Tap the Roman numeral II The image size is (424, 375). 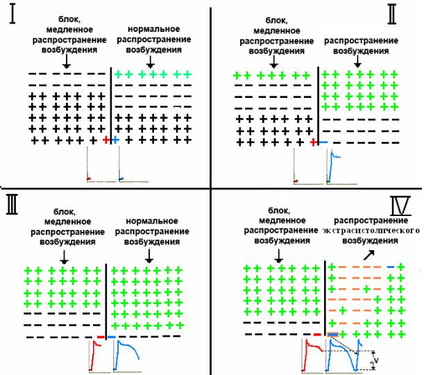[x=392, y=15]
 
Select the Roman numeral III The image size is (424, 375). [x=12, y=205]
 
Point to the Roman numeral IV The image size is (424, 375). [x=400, y=206]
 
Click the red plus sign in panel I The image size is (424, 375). [x=107, y=140]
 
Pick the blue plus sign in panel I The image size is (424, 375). [x=115, y=140]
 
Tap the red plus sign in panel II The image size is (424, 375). [x=314, y=142]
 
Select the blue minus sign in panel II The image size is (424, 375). [x=323, y=142]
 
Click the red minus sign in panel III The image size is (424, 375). [x=101, y=337]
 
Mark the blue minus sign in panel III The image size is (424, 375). [x=112, y=337]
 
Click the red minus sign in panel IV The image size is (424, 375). [x=317, y=335]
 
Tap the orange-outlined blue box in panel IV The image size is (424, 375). [x=332, y=335]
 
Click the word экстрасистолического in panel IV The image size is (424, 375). [x=371, y=231]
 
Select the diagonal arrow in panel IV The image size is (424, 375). [x=369, y=255]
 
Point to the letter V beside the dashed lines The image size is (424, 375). [x=376, y=360]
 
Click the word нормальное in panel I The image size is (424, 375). [x=153, y=29]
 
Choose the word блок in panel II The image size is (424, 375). [x=276, y=20]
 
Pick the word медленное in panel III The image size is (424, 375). [x=67, y=222]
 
